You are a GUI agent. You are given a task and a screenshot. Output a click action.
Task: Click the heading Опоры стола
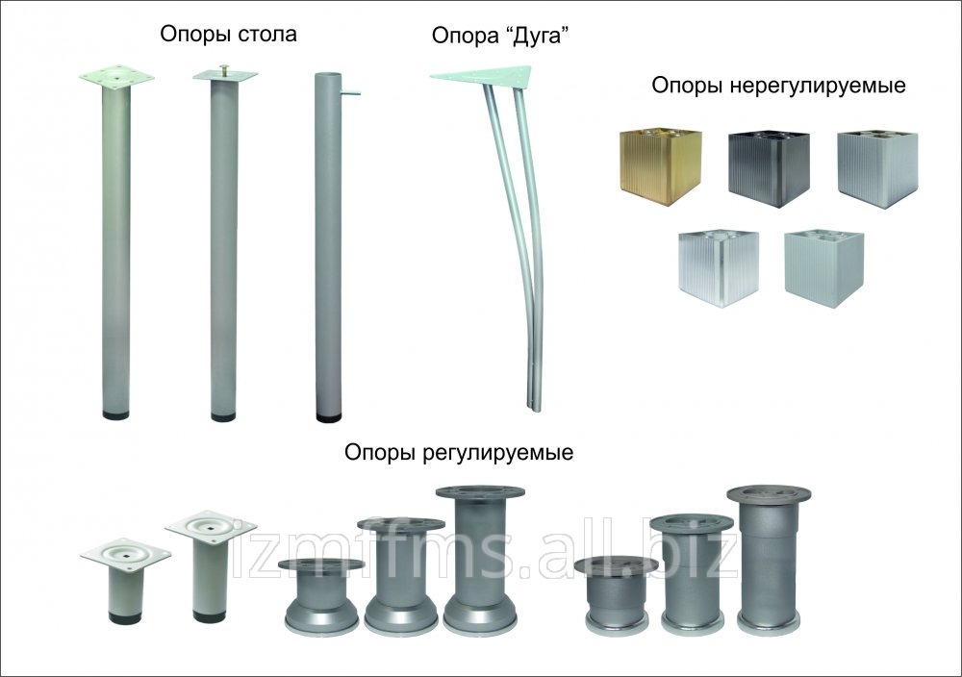(x=228, y=35)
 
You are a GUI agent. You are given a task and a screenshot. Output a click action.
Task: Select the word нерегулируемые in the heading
(x=818, y=86)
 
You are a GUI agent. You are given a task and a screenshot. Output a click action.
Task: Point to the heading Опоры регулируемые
(x=459, y=453)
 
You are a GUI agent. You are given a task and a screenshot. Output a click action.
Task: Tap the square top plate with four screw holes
(x=116, y=79)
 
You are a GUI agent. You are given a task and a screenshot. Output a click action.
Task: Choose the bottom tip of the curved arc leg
(x=532, y=408)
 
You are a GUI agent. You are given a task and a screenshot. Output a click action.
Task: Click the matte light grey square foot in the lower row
(x=824, y=269)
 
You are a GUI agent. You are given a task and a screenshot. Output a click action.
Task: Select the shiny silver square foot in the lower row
(x=718, y=268)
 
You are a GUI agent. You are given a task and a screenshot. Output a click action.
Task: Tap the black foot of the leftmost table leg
(x=115, y=414)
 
